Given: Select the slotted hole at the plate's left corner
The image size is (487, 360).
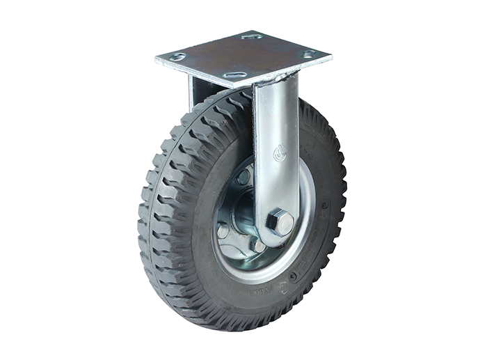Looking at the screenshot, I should (179, 56).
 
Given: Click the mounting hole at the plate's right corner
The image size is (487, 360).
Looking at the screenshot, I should (307, 54).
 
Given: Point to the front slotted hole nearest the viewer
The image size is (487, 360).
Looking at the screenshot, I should (234, 74).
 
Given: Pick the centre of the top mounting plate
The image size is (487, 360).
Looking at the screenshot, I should (243, 56).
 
